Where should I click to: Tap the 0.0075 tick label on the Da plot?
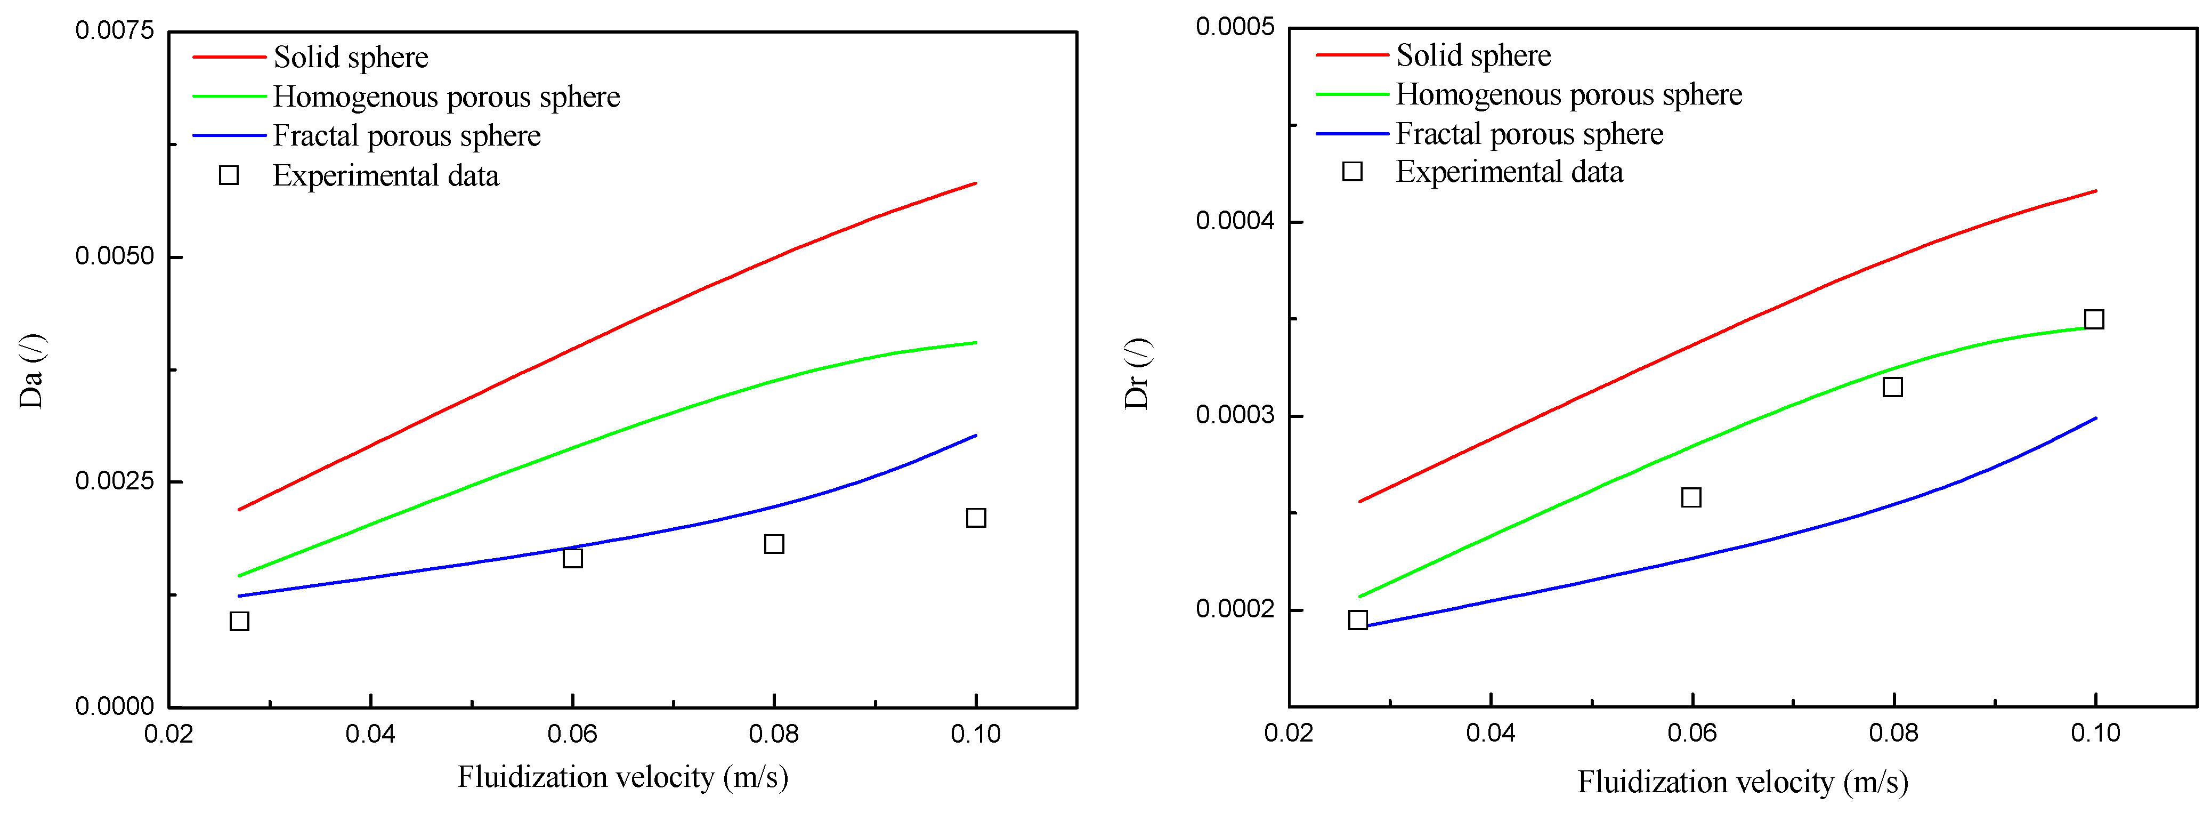point(114,31)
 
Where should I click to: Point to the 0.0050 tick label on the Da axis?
point(114,256)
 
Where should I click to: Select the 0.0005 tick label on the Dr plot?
point(1235,28)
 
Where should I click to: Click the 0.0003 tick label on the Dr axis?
point(1235,415)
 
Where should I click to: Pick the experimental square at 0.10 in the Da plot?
point(976,518)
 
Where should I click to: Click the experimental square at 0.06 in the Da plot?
point(572,558)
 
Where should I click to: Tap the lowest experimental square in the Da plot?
point(239,621)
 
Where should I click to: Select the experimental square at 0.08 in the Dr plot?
point(1892,387)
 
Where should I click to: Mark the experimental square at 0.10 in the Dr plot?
point(2094,319)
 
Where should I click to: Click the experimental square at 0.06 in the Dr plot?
point(1691,497)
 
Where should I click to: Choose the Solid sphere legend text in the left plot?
point(351,58)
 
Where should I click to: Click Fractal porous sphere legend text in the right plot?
point(1529,134)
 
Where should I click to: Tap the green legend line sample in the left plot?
point(229,96)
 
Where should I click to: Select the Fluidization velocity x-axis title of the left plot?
point(622,777)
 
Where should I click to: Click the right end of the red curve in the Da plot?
point(975,183)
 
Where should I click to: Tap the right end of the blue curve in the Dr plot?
point(2095,418)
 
